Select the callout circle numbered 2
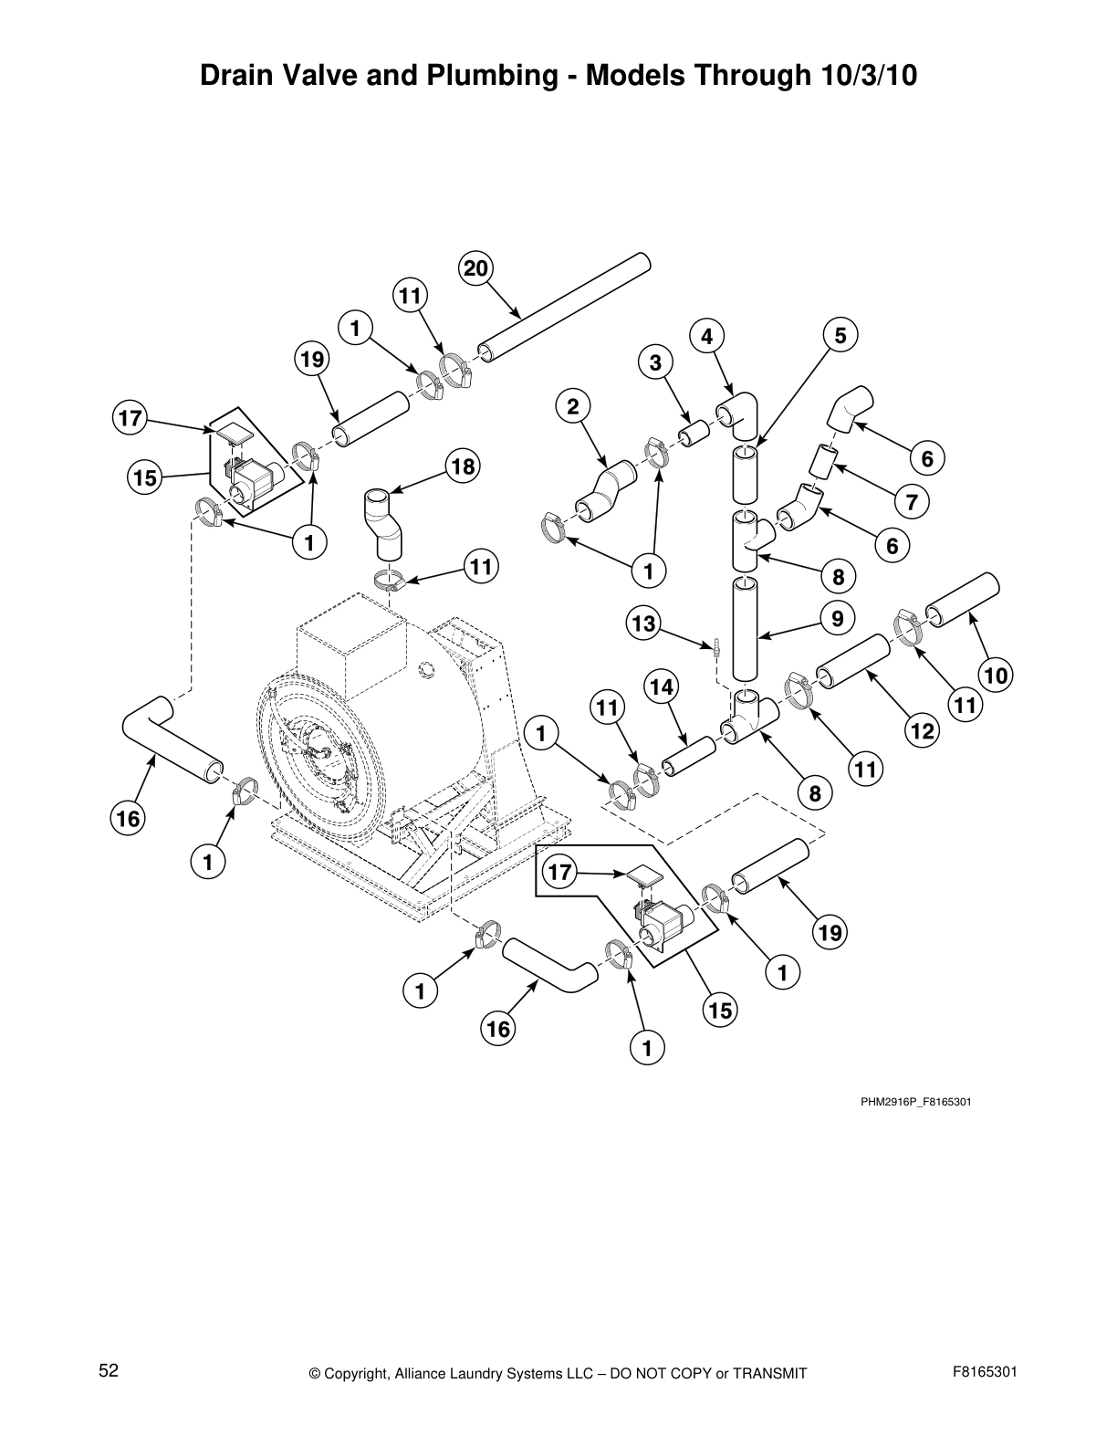point(573,407)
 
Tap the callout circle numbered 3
point(655,362)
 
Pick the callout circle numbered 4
point(706,336)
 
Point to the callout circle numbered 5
point(840,335)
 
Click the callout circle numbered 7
point(912,501)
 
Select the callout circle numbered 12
point(923,730)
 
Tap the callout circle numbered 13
point(643,623)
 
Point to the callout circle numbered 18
point(463,467)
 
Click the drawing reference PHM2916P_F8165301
point(915,1102)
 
